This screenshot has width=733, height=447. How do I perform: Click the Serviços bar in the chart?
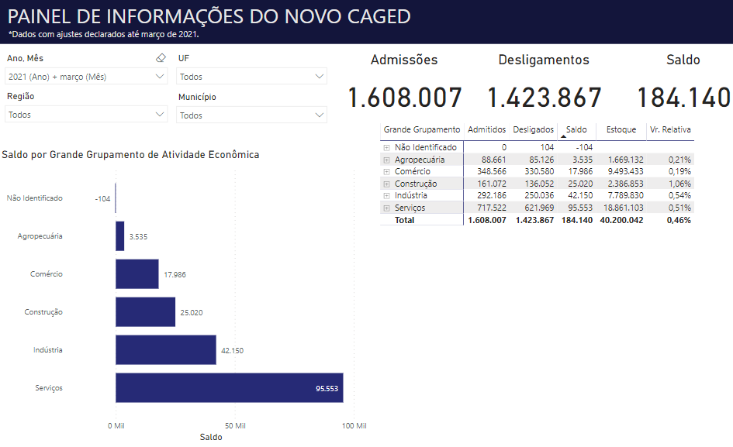[x=229, y=387]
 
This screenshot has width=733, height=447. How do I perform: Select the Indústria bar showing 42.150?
[x=165, y=350]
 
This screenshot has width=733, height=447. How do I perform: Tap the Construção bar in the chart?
[x=145, y=312]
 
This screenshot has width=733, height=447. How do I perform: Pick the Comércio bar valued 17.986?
[x=137, y=274]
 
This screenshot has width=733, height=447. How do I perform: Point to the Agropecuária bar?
[x=120, y=236]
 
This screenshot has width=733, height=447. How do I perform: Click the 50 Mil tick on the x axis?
[x=235, y=426]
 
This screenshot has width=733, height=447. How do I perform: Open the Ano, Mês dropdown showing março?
[x=85, y=77]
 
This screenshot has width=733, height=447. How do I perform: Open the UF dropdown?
[x=252, y=77]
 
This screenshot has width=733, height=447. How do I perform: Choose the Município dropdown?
[x=252, y=115]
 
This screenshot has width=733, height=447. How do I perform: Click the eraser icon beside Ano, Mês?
[x=161, y=58]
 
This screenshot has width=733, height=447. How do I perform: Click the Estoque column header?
[x=621, y=130]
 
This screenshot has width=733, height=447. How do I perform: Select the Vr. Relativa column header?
[x=670, y=130]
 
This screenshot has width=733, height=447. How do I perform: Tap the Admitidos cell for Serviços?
[x=488, y=208]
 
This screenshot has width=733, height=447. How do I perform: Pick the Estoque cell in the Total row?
[x=621, y=220]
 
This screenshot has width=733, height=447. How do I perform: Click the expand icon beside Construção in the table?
[x=386, y=184]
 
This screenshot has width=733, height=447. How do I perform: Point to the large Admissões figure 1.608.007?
[x=404, y=98]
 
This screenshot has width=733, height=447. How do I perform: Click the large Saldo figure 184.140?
[x=683, y=98]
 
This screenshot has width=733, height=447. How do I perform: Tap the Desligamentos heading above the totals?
[x=544, y=60]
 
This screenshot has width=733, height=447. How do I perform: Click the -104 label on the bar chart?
[x=102, y=199]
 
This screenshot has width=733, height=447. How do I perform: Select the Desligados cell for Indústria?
[x=534, y=195]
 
